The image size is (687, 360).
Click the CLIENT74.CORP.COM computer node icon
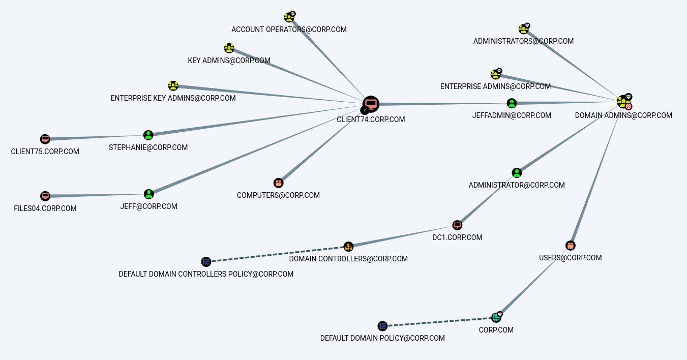pyautogui.click(x=371, y=104)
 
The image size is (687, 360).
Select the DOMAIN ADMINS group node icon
pyautogui.click(x=623, y=102)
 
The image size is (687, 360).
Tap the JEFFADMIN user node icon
pyautogui.click(x=512, y=103)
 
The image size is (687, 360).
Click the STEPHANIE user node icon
pyautogui.click(x=148, y=135)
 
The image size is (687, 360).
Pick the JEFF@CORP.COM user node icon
pyautogui.click(x=148, y=194)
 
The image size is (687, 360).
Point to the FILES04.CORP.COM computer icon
pyautogui.click(x=45, y=196)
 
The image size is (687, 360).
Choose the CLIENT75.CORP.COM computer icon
pyautogui.click(x=45, y=139)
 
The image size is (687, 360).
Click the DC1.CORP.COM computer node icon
pyautogui.click(x=457, y=225)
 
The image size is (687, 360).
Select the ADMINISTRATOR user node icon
pyautogui.click(x=517, y=173)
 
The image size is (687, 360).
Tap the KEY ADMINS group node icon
pyautogui.click(x=229, y=48)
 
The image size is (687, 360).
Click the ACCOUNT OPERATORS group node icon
pyautogui.click(x=289, y=18)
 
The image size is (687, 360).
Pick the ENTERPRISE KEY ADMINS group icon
pyautogui.click(x=173, y=86)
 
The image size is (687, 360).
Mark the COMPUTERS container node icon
pyautogui.click(x=278, y=183)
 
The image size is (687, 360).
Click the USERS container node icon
pyautogui.click(x=571, y=246)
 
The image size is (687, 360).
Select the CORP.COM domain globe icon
pyautogui.click(x=496, y=318)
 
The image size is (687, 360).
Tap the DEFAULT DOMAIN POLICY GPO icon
pyautogui.click(x=382, y=326)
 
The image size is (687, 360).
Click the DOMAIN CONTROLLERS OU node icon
pyautogui.click(x=348, y=247)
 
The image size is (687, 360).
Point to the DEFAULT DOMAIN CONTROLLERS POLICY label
pyautogui.click(x=206, y=274)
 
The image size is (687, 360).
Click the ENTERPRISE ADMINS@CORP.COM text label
pyautogui.click(x=495, y=86)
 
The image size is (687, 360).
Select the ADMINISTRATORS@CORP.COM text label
pyautogui.click(x=523, y=41)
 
